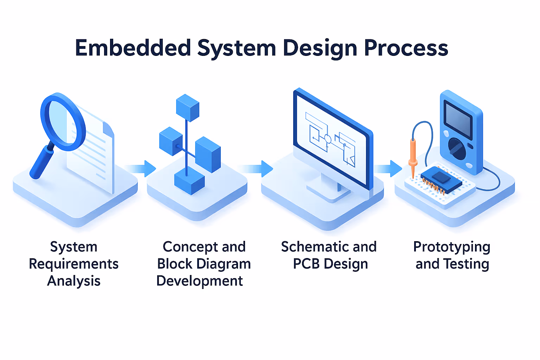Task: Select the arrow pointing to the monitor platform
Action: (x=258, y=169)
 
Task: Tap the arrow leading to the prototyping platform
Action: (x=389, y=169)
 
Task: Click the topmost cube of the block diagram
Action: (x=187, y=108)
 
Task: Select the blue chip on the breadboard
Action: (x=442, y=179)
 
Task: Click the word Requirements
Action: (x=74, y=264)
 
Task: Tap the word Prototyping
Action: (x=452, y=247)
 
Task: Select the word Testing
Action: (x=466, y=264)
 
